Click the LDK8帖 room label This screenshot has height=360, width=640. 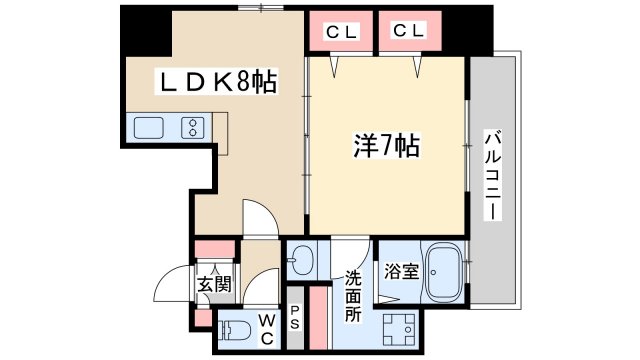216,82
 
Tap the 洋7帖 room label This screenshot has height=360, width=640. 386,146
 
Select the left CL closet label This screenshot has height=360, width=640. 342,32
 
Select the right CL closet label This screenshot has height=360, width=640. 409,31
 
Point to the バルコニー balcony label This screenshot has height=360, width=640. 493,175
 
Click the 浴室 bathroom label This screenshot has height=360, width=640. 402,271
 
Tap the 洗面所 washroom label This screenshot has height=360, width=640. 353,296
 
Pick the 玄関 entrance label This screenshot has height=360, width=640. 214,284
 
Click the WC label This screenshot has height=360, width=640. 267,329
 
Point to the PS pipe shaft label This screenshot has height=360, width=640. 295,318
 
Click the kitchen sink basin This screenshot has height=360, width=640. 149,128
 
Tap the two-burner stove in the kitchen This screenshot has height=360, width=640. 192,127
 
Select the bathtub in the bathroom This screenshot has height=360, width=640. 444,271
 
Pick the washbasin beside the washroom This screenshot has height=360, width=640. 301,260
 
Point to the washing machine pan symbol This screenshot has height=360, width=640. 399,329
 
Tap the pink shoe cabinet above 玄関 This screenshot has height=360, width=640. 215,249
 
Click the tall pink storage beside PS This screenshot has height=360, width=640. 318,318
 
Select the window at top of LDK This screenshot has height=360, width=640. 261,8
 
